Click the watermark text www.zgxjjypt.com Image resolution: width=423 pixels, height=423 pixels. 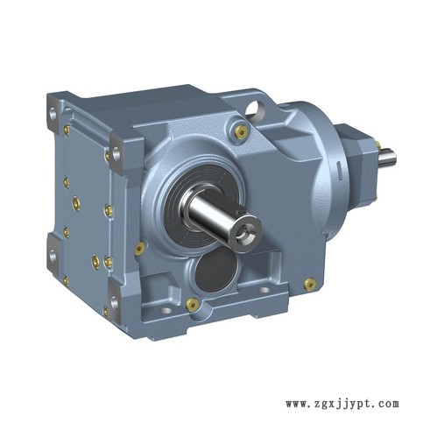click(342, 405)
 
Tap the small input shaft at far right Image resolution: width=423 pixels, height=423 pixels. click(387, 158)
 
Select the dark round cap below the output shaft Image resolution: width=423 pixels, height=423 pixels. click(216, 269)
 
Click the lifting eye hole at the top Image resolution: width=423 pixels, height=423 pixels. click(255, 110)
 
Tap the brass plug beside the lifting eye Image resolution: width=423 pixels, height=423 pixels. click(241, 131)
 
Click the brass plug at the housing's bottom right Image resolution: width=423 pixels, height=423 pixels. click(309, 284)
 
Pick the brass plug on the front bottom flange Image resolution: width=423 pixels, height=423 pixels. click(193, 304)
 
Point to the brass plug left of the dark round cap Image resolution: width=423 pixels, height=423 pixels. click(140, 249)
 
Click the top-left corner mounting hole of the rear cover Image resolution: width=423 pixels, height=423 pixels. click(53, 113)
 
